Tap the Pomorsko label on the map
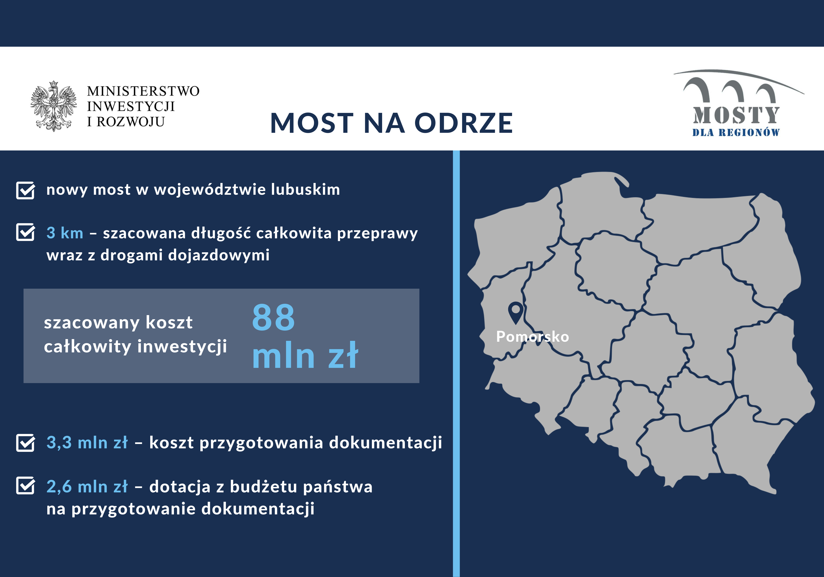click(532, 337)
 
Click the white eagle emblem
click(54, 106)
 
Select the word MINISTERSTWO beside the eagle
click(143, 91)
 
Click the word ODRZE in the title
click(464, 123)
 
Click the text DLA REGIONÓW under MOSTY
click(736, 133)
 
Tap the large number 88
click(274, 318)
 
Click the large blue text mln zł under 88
click(305, 355)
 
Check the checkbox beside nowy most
click(26, 190)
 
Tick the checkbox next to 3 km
click(26, 232)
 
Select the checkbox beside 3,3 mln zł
click(26, 442)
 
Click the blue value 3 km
click(65, 233)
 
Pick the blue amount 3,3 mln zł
click(87, 443)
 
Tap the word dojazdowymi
click(219, 255)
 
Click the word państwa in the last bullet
click(338, 487)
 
